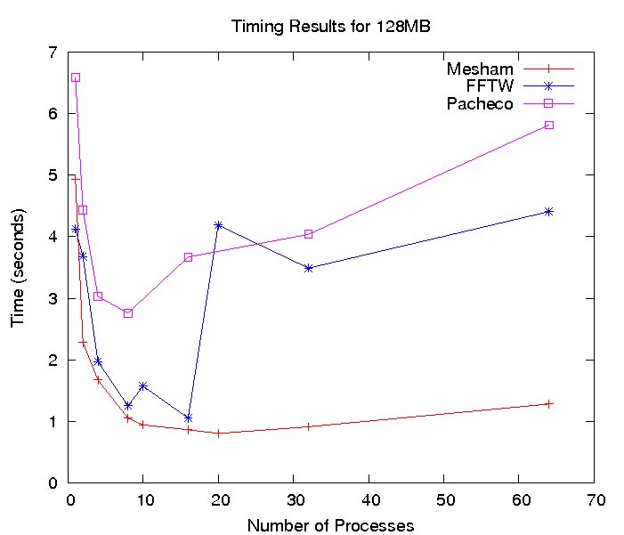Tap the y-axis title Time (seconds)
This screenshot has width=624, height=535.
tap(18, 267)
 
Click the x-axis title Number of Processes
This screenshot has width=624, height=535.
tap(331, 525)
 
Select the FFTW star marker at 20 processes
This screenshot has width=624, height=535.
tap(218, 225)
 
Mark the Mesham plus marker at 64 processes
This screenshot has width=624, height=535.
tap(549, 403)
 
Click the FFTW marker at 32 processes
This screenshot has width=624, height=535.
tap(308, 268)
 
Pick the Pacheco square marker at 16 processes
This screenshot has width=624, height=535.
tap(188, 257)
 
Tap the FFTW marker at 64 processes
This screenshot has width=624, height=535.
tap(549, 211)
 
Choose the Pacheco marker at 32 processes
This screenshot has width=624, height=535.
tap(308, 234)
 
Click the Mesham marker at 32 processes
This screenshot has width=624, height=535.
tap(308, 426)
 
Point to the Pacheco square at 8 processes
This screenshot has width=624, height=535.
tap(128, 313)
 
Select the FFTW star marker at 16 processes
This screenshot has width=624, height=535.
tap(188, 417)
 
